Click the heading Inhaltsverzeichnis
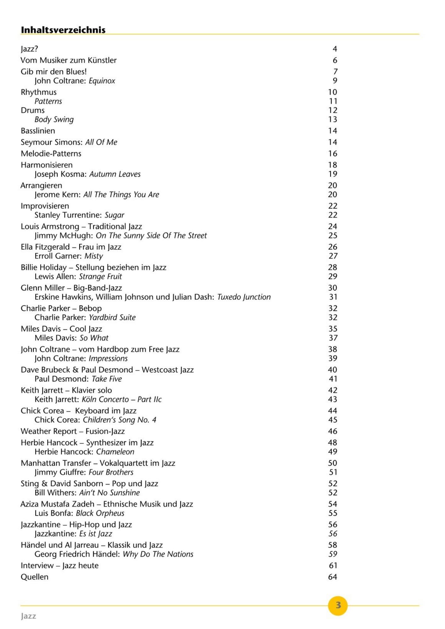point(63,30)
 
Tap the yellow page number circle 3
point(338,605)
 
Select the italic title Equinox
point(102,81)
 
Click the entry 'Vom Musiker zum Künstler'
point(69,60)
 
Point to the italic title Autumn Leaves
point(115,174)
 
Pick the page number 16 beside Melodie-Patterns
point(333,153)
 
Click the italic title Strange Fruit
point(100,276)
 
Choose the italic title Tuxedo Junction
point(244,297)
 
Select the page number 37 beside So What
point(333,338)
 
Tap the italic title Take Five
point(107,379)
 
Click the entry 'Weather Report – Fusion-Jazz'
point(73,431)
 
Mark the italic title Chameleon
point(115,452)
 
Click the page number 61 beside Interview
point(333,565)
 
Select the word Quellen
point(35,577)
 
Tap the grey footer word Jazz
point(28,616)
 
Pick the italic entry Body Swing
point(54,120)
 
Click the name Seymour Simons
point(51,142)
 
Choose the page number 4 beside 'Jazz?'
point(335,49)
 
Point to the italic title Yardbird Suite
point(112,317)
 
